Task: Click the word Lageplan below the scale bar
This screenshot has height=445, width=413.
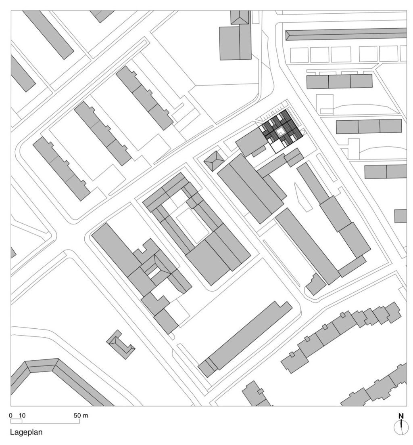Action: (26, 432)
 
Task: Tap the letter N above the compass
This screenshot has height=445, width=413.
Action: (401, 416)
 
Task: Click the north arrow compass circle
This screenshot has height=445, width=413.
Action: (401, 427)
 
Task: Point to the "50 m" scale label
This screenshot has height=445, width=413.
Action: (81, 416)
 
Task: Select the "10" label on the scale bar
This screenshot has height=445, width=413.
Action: (22, 416)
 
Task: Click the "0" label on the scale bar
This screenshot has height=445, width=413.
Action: (11, 416)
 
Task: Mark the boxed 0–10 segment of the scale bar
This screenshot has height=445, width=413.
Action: (17, 421)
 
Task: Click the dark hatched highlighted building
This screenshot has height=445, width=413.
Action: (282, 128)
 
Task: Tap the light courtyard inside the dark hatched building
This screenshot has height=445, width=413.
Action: (280, 131)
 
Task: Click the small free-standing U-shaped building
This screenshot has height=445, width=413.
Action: (121, 344)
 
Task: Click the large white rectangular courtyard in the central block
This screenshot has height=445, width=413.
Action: (193, 226)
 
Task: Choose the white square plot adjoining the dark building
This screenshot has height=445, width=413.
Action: (277, 146)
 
